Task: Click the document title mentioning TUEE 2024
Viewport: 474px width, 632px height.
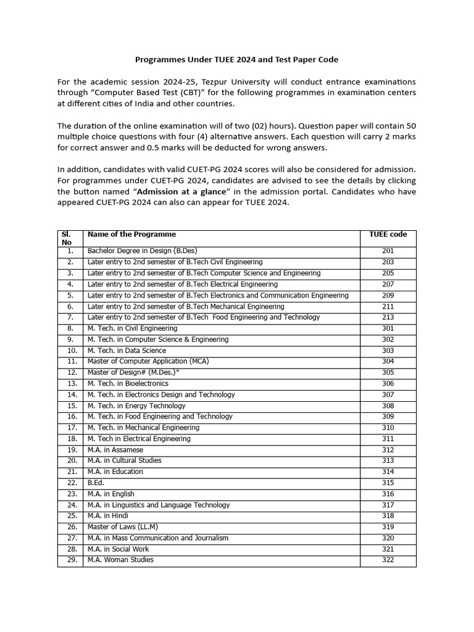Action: pos(237,60)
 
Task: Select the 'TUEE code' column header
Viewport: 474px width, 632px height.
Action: pos(388,235)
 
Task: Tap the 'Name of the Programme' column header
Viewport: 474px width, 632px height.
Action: pos(131,235)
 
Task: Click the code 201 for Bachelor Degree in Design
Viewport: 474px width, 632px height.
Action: pos(388,251)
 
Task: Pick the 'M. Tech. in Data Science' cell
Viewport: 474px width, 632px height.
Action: pos(127,351)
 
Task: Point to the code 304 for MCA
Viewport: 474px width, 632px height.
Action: pos(388,362)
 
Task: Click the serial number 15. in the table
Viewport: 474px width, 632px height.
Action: pos(70,405)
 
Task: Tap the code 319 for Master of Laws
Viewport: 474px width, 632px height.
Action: pos(388,527)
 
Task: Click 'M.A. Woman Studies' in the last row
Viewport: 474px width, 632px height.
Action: pos(120,560)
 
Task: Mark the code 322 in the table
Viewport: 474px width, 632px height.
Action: pos(388,560)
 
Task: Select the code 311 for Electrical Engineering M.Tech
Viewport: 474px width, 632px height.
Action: pos(388,439)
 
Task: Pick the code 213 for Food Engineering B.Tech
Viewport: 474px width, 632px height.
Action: pos(388,317)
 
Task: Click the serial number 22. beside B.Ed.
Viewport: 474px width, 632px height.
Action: pos(70,483)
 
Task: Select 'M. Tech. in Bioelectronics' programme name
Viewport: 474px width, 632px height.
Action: pos(128,383)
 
